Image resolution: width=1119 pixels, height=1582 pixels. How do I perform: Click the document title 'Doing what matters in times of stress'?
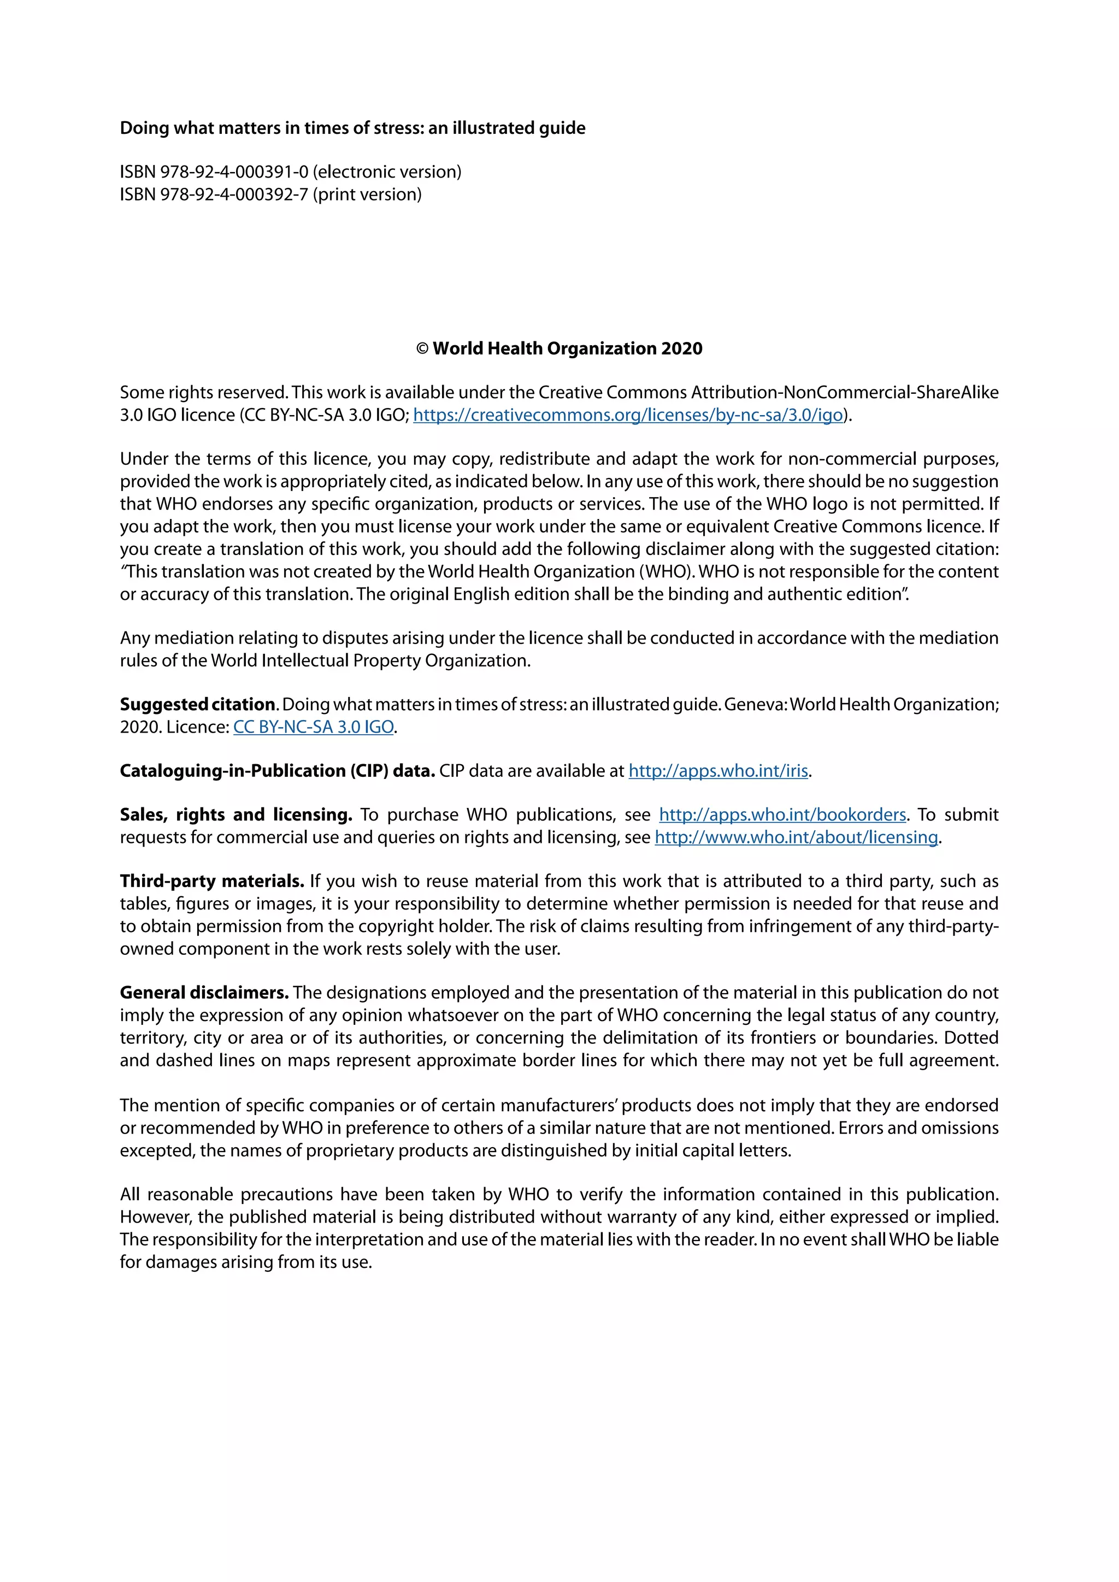[x=352, y=128]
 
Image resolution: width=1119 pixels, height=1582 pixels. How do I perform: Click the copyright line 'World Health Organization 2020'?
[x=567, y=349]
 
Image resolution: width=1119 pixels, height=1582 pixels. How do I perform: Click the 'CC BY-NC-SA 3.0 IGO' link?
[x=314, y=728]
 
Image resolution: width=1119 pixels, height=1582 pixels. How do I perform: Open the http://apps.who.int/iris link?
[x=718, y=771]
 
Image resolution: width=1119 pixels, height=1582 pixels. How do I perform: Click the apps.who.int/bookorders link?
[x=782, y=815]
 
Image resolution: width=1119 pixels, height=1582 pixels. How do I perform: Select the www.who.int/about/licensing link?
[x=796, y=838]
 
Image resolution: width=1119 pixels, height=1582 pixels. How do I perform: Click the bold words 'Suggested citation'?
[x=198, y=705]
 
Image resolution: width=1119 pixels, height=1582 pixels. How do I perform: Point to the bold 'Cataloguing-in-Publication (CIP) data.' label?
[x=277, y=771]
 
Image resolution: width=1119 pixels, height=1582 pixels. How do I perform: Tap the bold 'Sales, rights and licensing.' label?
[x=235, y=815]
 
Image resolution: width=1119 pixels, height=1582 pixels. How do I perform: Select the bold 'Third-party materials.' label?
[x=211, y=881]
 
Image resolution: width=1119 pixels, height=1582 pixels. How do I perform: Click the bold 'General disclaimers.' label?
[x=204, y=993]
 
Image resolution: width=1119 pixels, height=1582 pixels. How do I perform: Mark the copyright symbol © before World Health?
[x=422, y=349]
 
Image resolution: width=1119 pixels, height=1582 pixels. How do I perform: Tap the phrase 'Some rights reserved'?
[x=203, y=393]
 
